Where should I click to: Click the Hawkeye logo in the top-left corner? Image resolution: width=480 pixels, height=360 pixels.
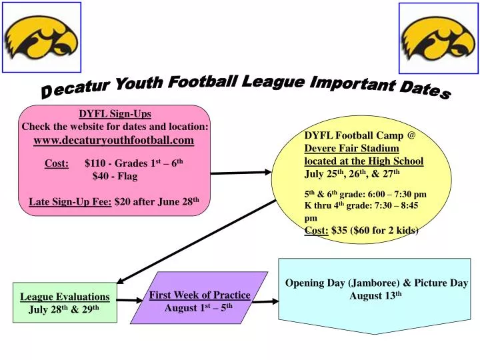[41, 37]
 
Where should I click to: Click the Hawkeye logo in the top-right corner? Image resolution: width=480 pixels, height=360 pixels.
[438, 38]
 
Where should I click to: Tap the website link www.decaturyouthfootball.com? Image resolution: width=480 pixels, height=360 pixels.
[114, 140]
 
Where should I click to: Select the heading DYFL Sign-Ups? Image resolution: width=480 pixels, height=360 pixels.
[115, 114]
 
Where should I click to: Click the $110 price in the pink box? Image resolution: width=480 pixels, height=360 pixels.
[96, 163]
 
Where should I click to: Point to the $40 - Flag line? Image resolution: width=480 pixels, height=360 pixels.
[115, 177]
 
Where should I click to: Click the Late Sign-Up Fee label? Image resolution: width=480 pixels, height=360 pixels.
[71, 202]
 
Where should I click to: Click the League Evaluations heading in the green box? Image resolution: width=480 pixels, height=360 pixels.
[65, 297]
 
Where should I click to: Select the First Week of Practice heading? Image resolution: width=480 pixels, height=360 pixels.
[199, 295]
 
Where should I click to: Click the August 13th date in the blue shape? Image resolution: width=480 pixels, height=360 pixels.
[375, 295]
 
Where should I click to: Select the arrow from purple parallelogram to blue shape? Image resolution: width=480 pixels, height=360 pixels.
[266, 301]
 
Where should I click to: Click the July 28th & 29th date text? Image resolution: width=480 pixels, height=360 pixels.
[64, 310]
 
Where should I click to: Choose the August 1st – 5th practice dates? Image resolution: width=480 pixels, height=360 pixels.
[199, 308]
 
